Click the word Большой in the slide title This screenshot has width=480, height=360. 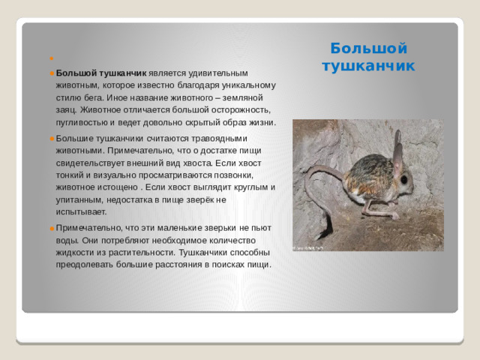click(368, 49)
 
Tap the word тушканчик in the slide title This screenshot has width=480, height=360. click(368, 66)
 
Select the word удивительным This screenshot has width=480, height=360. click(214, 73)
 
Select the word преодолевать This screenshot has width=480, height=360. click(88, 264)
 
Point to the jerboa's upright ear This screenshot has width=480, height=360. click(397, 155)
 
